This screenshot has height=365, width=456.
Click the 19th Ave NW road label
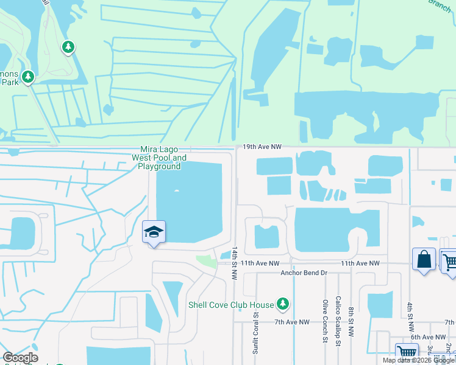[262, 147]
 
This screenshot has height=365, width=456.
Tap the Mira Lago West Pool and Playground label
[160, 158]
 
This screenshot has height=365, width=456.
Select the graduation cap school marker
[154, 232]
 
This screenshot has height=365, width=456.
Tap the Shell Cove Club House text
[230, 304]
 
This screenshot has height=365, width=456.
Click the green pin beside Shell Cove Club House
[282, 303]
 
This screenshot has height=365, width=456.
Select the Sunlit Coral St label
[255, 333]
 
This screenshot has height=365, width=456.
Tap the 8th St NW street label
[352, 322]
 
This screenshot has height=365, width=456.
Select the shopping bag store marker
[424, 260]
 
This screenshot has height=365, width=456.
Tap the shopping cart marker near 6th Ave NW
[406, 353]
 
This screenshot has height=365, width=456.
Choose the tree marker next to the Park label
[27, 77]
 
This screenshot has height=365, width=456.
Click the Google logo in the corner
[20, 358]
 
